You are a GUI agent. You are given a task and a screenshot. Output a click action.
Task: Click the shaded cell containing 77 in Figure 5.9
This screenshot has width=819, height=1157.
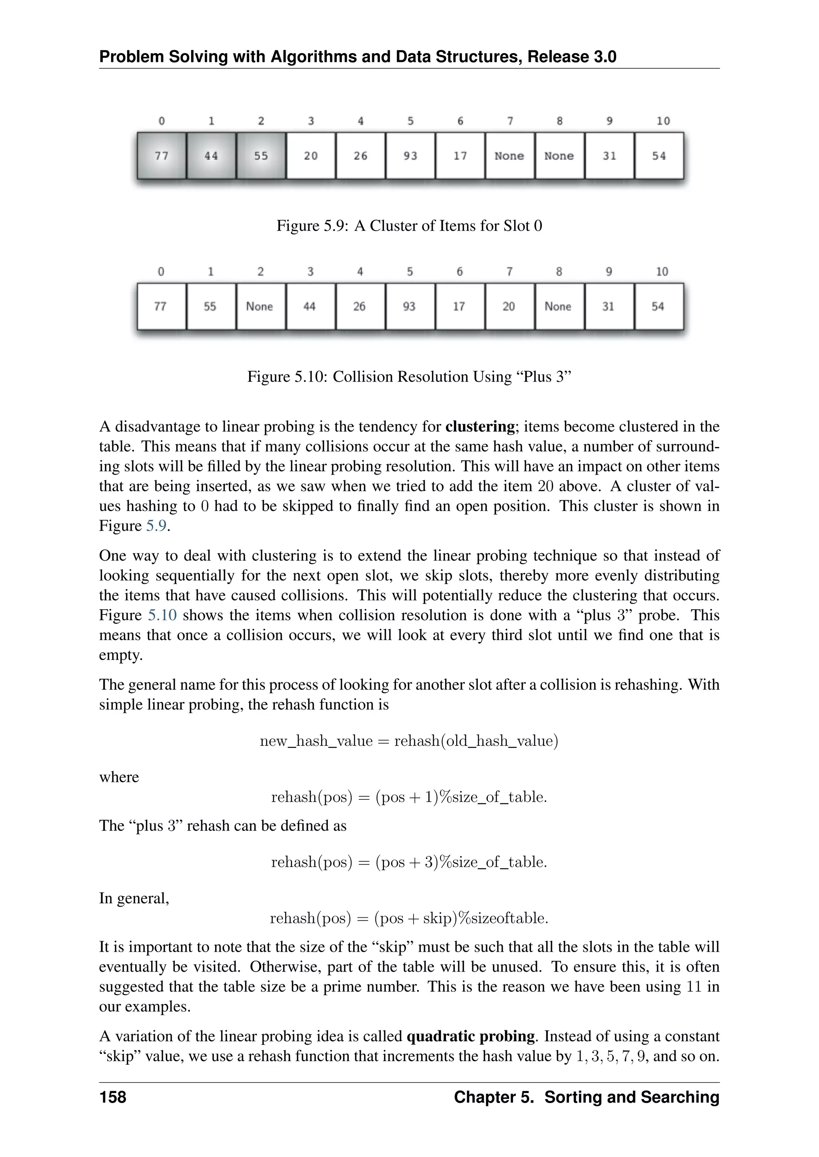click(162, 156)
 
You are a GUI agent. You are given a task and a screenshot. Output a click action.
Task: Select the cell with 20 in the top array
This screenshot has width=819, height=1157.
click(311, 156)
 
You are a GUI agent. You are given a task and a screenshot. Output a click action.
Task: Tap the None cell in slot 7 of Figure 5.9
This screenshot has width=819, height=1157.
click(509, 156)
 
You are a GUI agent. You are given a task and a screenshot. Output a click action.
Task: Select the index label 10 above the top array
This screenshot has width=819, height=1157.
click(663, 121)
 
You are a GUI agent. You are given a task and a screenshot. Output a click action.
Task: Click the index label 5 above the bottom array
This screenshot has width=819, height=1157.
click(409, 272)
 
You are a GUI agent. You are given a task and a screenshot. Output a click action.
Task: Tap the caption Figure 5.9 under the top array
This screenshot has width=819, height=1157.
click(409, 225)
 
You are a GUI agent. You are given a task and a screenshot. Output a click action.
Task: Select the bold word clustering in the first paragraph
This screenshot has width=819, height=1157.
click(479, 426)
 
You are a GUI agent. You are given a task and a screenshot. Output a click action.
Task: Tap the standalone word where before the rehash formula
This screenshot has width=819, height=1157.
click(119, 777)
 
